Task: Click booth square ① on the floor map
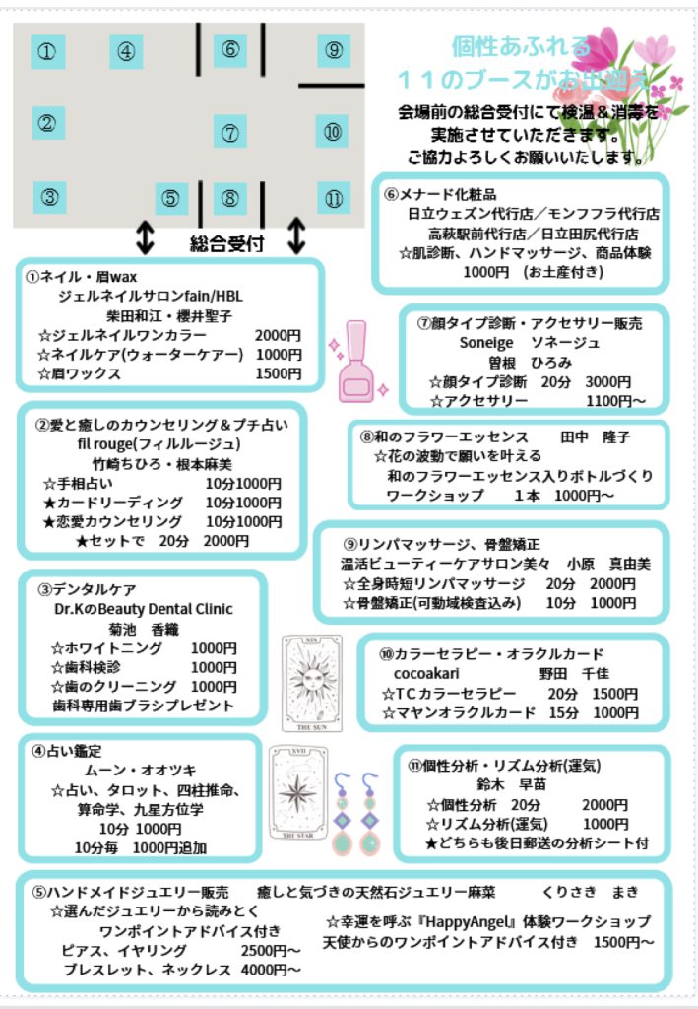tap(47, 51)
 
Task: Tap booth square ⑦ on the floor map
tap(230, 133)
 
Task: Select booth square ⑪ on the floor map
tap(334, 198)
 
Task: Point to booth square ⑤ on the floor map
tap(171, 198)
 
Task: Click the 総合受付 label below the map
tap(226, 244)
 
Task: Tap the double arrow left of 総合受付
tap(146, 237)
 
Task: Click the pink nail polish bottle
tap(355, 362)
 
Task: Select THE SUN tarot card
tap(312, 684)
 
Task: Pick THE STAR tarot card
tap(298, 793)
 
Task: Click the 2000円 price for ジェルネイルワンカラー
tap(278, 335)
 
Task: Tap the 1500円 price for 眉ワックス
tap(279, 373)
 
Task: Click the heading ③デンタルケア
tap(87, 589)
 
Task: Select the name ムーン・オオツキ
tap(141, 771)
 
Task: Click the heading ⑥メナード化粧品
tap(440, 194)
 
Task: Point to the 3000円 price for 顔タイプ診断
tap(608, 382)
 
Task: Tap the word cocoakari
tap(426, 674)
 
